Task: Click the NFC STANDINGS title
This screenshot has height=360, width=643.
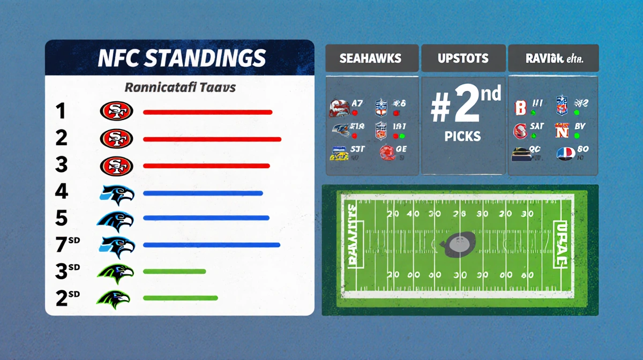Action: [182, 58]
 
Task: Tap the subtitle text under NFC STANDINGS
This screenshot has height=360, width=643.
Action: [180, 87]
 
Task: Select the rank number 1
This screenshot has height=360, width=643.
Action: [61, 111]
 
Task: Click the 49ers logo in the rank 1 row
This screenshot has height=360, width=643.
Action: [116, 111]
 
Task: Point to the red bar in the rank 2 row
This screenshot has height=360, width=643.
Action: [212, 139]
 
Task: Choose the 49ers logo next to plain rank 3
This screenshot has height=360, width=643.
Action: [116, 165]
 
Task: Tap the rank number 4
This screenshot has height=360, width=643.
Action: [61, 191]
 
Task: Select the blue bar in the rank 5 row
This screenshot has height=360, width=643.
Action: [206, 218]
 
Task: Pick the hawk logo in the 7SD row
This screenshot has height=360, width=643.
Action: [117, 245]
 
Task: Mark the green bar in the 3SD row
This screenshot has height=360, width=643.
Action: [175, 271]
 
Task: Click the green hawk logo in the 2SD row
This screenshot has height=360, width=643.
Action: [114, 298]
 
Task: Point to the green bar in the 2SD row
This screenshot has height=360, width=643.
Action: [181, 298]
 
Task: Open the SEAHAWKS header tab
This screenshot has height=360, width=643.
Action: [370, 58]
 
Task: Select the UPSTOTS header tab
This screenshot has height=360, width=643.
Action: [463, 58]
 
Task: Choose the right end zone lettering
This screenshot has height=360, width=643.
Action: [559, 244]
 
